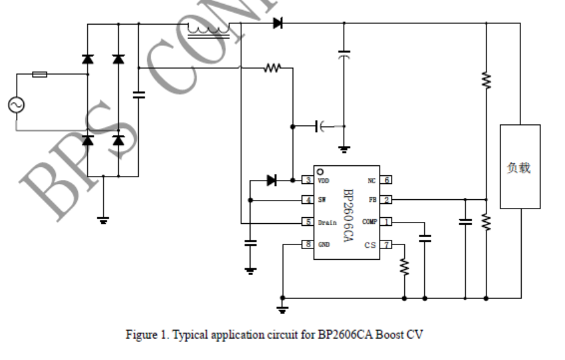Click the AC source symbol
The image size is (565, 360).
point(14,105)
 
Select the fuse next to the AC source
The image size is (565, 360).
point(40,74)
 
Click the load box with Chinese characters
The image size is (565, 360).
point(520,167)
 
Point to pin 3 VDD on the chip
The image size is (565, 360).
point(308,180)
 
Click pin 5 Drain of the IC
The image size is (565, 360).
point(308,222)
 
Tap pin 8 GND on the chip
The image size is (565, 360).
point(308,244)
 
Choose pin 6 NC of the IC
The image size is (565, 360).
point(386,180)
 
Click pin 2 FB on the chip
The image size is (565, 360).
point(386,199)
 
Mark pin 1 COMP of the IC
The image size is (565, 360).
point(386,222)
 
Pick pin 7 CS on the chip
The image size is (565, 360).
point(386,245)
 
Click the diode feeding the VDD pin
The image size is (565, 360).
point(271,180)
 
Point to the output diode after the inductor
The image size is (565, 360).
point(277,24)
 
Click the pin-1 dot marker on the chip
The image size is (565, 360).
point(320,171)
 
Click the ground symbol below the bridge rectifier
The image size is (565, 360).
point(103,220)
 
